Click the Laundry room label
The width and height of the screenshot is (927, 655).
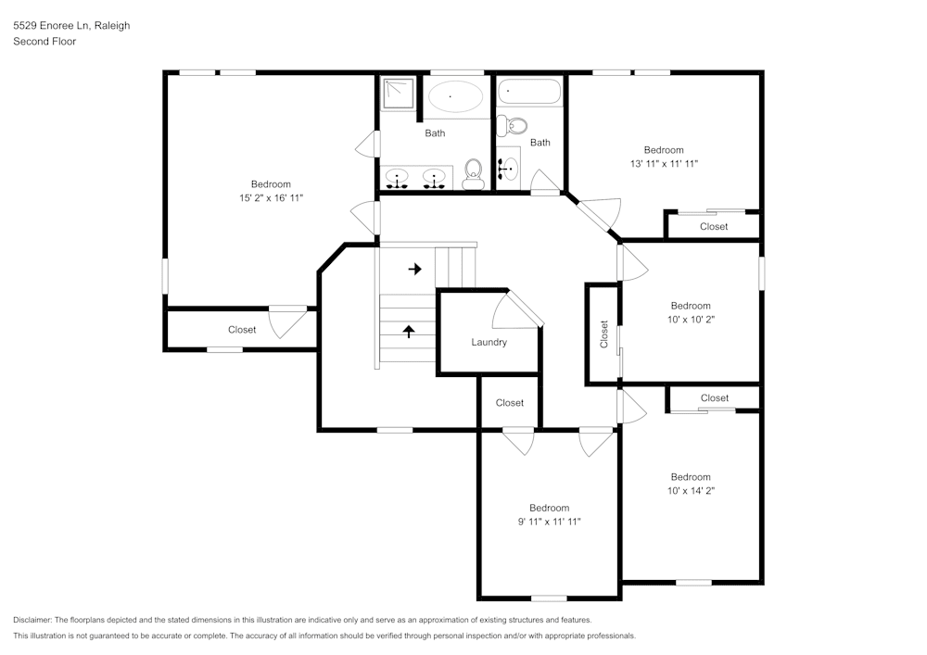tap(489, 342)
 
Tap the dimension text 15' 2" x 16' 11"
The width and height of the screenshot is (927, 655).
tap(271, 197)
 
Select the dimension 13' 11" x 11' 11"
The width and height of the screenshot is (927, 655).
tap(664, 163)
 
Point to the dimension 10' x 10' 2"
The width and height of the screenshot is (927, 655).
tap(691, 319)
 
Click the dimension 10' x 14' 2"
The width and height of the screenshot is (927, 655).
tap(691, 490)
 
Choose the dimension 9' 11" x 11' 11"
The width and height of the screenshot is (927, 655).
tap(549, 521)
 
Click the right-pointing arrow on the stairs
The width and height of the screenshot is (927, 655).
tap(414, 269)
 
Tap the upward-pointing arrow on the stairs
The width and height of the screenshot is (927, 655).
tap(408, 330)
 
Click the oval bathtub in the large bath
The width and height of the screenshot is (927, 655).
tap(454, 96)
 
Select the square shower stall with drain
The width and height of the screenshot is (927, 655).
tap(400, 94)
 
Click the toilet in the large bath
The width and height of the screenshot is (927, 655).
tap(473, 173)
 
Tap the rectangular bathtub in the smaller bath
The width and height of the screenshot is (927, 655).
tap(530, 92)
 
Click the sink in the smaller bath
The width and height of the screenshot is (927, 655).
tap(507, 169)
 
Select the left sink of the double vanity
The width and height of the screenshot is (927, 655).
tap(399, 178)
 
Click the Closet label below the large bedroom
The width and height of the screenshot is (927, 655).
tap(242, 330)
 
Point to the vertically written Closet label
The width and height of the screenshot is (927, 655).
tap(604, 334)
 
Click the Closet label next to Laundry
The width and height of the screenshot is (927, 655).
tap(509, 403)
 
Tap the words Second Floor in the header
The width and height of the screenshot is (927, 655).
tap(44, 42)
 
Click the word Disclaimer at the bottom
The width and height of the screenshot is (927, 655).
tap(32, 620)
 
